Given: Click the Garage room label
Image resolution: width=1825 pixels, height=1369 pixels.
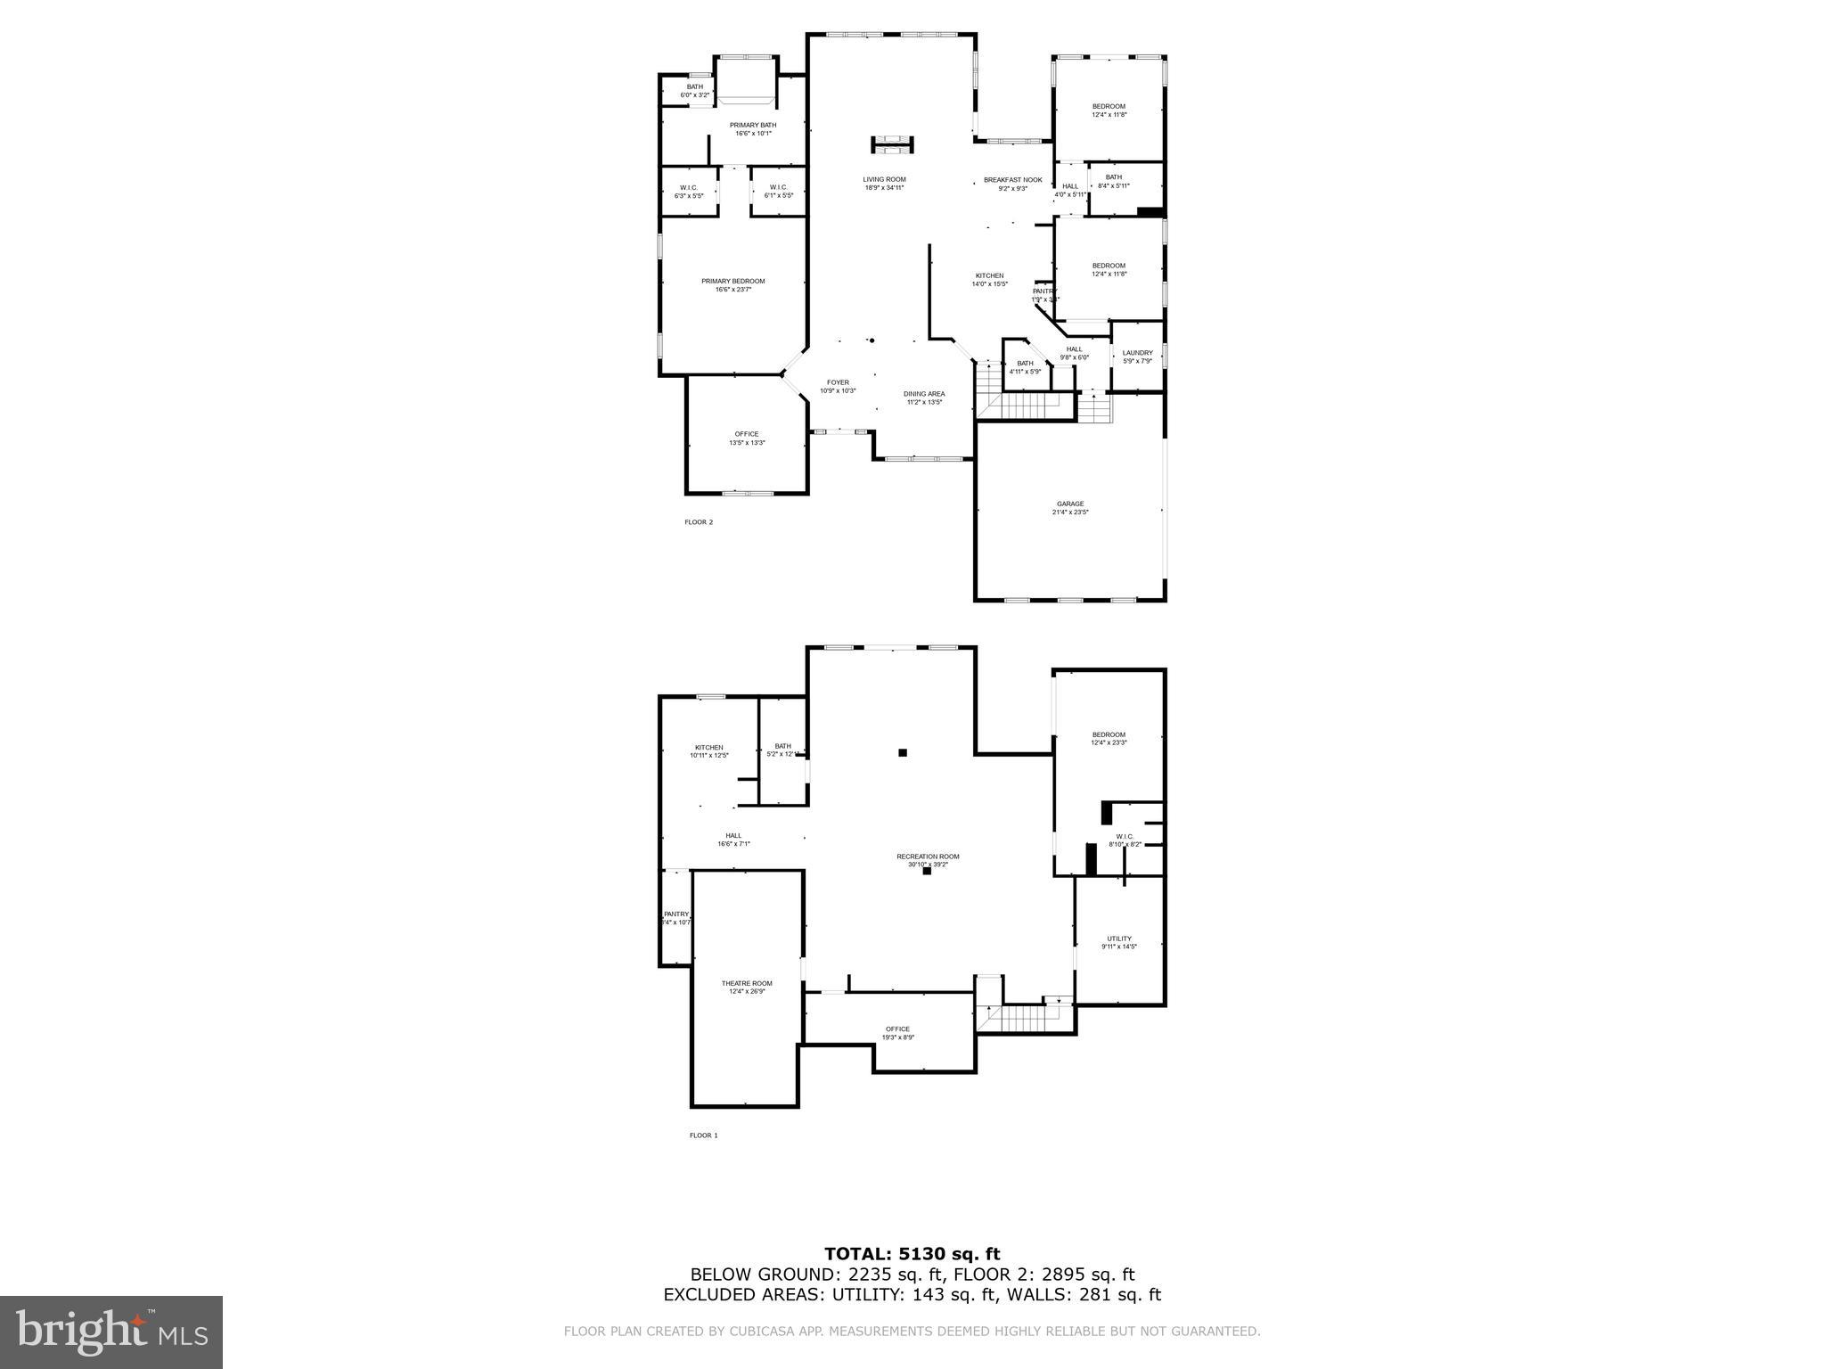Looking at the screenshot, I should click(1070, 508).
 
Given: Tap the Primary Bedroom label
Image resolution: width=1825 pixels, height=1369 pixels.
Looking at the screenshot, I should click(732, 285).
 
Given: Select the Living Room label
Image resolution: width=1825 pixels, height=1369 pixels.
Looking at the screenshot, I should click(884, 183).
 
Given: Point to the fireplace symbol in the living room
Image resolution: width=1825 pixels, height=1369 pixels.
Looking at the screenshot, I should click(892, 144).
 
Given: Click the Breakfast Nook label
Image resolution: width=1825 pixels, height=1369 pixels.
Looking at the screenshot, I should click(1012, 184).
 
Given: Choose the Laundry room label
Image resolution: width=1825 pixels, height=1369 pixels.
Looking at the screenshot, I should click(1137, 357).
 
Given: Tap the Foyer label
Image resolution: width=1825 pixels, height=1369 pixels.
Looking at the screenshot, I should click(838, 386).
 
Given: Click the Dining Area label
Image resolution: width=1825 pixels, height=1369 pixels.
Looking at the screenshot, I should click(924, 398).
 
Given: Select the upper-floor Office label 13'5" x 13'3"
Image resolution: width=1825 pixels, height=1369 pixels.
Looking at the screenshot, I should click(747, 439).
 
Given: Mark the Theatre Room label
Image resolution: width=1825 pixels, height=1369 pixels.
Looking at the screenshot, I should click(747, 987).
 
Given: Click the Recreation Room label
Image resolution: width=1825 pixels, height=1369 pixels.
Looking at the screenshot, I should click(928, 860).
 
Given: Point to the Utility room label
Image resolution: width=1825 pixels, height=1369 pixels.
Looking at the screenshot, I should click(1119, 942).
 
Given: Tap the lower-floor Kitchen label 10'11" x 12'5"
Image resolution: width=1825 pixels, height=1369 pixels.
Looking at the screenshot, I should click(709, 751).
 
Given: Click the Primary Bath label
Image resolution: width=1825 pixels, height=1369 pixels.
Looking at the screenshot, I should click(753, 129).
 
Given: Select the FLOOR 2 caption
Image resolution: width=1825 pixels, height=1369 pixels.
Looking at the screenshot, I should click(699, 522).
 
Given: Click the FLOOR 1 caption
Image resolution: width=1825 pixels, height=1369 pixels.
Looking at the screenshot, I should click(703, 1135).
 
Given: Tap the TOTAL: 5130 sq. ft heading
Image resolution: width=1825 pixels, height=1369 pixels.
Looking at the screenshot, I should click(912, 1255).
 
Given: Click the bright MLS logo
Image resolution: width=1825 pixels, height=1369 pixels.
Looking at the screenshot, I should click(111, 1333).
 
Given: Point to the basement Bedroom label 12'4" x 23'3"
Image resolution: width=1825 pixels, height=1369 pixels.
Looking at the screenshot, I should click(1109, 739).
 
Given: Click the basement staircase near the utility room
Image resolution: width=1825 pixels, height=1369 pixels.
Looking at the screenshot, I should click(1025, 1017).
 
